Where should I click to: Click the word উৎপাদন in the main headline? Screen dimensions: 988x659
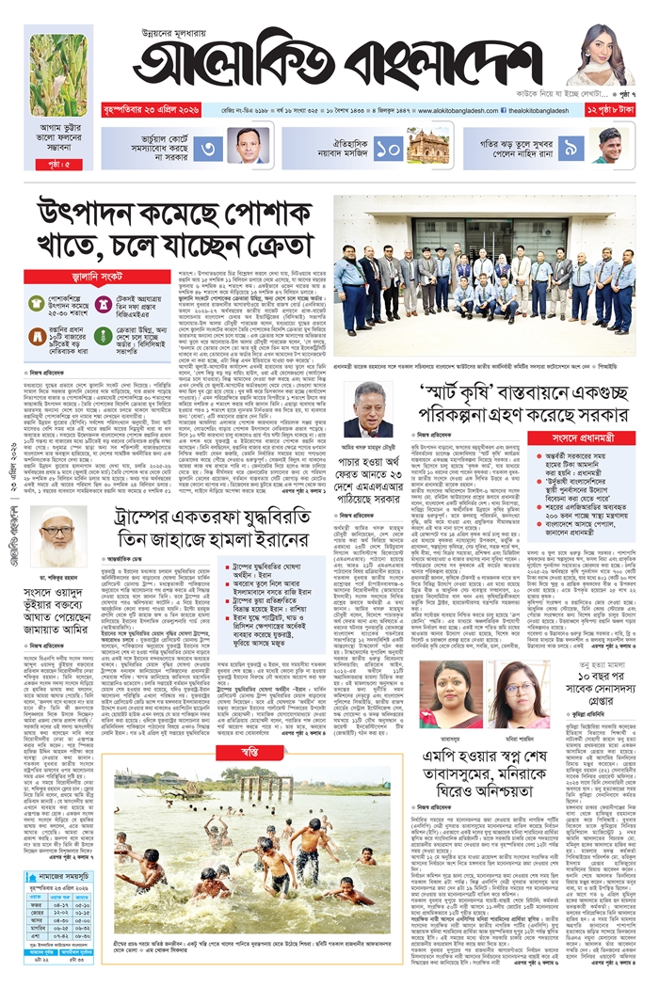[97, 217]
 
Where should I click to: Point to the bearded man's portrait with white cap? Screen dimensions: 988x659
[58, 535]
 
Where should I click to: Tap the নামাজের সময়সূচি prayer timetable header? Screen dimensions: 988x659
[58, 874]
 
